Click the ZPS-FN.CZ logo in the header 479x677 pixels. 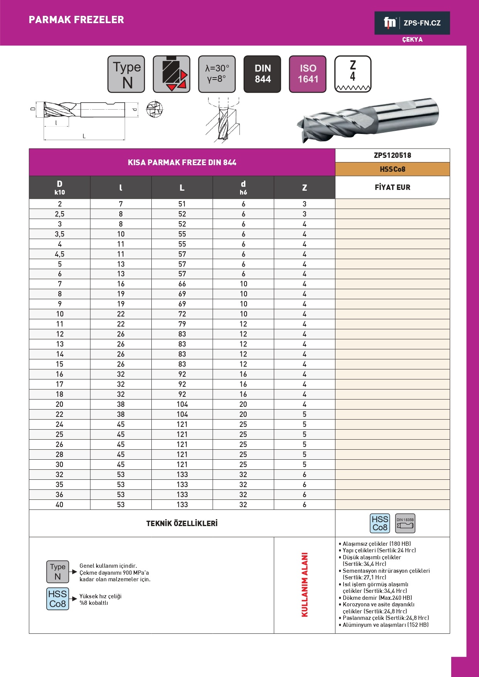[412, 23]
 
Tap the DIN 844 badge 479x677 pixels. [262, 74]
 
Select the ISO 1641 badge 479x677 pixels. [308, 74]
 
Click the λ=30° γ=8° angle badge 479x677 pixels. [217, 74]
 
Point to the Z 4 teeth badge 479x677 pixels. [353, 74]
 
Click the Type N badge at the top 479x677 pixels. [126, 74]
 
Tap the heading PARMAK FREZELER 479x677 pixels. [76, 20]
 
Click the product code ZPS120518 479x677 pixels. [392, 156]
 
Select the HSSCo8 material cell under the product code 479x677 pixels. [392, 169]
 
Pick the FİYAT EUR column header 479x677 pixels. [392, 188]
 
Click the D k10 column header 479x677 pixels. [59, 188]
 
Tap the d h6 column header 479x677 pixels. [243, 188]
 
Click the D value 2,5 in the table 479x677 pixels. [59, 214]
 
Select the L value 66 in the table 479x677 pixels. [182, 284]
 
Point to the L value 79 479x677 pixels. [182, 324]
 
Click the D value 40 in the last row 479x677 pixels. [59, 505]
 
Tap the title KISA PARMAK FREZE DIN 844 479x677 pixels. [182, 162]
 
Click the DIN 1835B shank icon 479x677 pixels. [405, 523]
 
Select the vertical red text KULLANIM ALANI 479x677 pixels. [305, 584]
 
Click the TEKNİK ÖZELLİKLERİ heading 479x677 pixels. [182, 524]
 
